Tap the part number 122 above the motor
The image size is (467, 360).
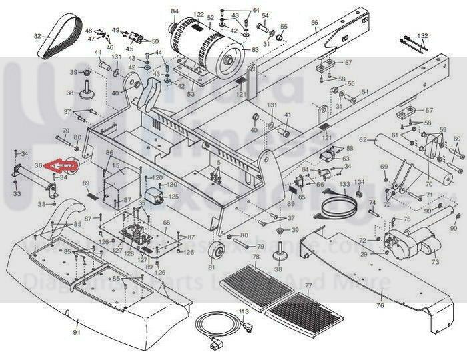point(199,15)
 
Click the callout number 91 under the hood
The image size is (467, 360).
point(76,332)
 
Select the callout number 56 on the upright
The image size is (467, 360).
point(314,23)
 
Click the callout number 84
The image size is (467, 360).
point(175,11)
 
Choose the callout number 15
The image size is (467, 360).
point(116,165)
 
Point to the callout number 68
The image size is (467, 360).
point(166,223)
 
